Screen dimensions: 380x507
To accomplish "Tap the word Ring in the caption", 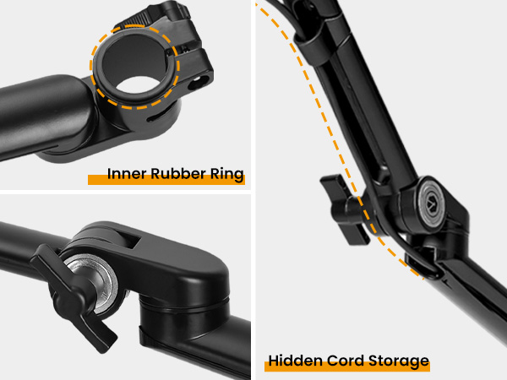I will [x=226, y=176].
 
